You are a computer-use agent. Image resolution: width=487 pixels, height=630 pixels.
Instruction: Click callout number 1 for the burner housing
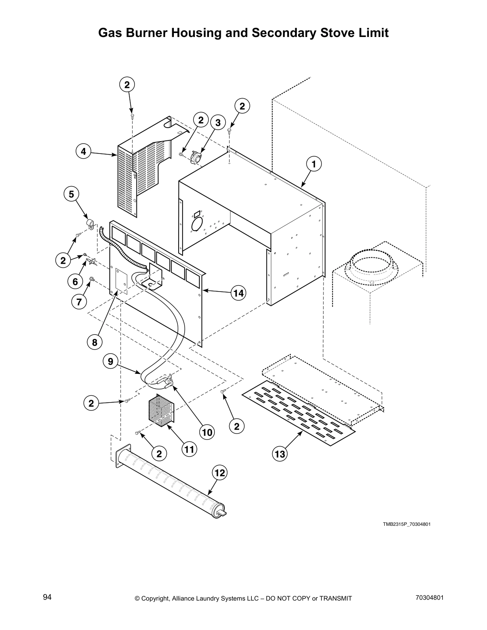coord(314,164)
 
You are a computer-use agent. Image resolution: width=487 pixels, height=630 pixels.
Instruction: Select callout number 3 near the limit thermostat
coord(218,123)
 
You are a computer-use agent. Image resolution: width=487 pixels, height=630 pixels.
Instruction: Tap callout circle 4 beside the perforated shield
coord(83,152)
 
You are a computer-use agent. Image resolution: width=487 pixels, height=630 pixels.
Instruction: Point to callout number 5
coord(71,194)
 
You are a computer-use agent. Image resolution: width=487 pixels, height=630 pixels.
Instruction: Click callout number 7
coord(79,302)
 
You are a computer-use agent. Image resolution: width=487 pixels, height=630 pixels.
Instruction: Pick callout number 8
coord(94,342)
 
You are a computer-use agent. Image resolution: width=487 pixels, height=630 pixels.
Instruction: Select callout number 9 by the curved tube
coord(110,362)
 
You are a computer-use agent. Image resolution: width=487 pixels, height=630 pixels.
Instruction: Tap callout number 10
coord(207,432)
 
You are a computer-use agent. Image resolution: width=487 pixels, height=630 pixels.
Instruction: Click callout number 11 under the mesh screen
coord(189,449)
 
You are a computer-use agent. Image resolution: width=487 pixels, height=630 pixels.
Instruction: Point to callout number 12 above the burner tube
coord(220,473)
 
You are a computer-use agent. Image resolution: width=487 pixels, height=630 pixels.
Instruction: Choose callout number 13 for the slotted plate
coord(280,454)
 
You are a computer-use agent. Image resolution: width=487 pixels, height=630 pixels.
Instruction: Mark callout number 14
coord(238,293)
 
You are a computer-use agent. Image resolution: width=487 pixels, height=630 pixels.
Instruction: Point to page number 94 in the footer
coord(47,597)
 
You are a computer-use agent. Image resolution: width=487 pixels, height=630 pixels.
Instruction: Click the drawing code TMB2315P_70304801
coord(407,524)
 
